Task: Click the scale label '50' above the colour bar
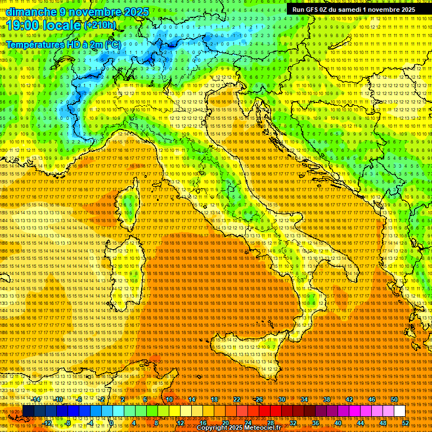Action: click(394, 399)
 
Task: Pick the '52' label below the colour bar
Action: click(405, 423)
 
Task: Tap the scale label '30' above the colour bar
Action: click(281, 399)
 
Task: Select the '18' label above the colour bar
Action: click(214, 399)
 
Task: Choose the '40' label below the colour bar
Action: click(337, 423)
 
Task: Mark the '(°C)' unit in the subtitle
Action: click(112, 44)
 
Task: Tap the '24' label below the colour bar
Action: click(247, 423)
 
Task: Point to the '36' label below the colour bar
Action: click(315, 423)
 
